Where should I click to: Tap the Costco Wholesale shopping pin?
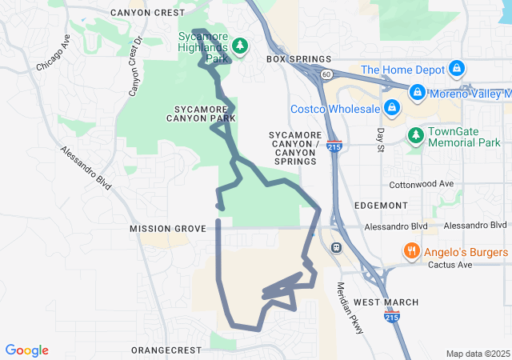click(x=391, y=107)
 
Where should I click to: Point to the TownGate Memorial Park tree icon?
click(x=415, y=136)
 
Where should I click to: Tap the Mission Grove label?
click(x=168, y=229)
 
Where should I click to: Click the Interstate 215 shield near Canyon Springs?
click(x=334, y=146)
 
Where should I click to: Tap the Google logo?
click(x=27, y=350)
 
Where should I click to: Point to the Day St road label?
click(x=381, y=137)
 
